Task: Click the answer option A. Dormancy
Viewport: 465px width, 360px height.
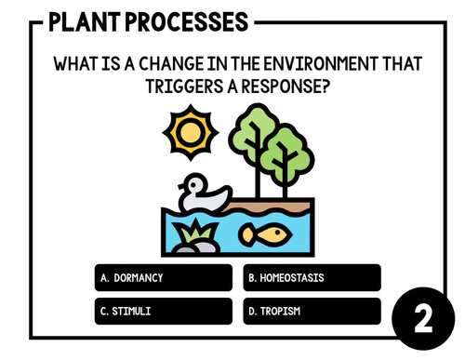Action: [162, 278]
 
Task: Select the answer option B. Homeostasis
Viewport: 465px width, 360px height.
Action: [312, 278]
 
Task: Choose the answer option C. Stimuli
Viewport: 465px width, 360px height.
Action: [162, 311]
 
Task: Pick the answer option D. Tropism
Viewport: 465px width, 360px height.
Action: [312, 311]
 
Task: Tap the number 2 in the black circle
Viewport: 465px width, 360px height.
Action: [422, 319]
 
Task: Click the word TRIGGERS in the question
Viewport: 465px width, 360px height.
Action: [185, 86]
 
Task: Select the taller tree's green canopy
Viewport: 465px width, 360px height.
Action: [253, 131]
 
